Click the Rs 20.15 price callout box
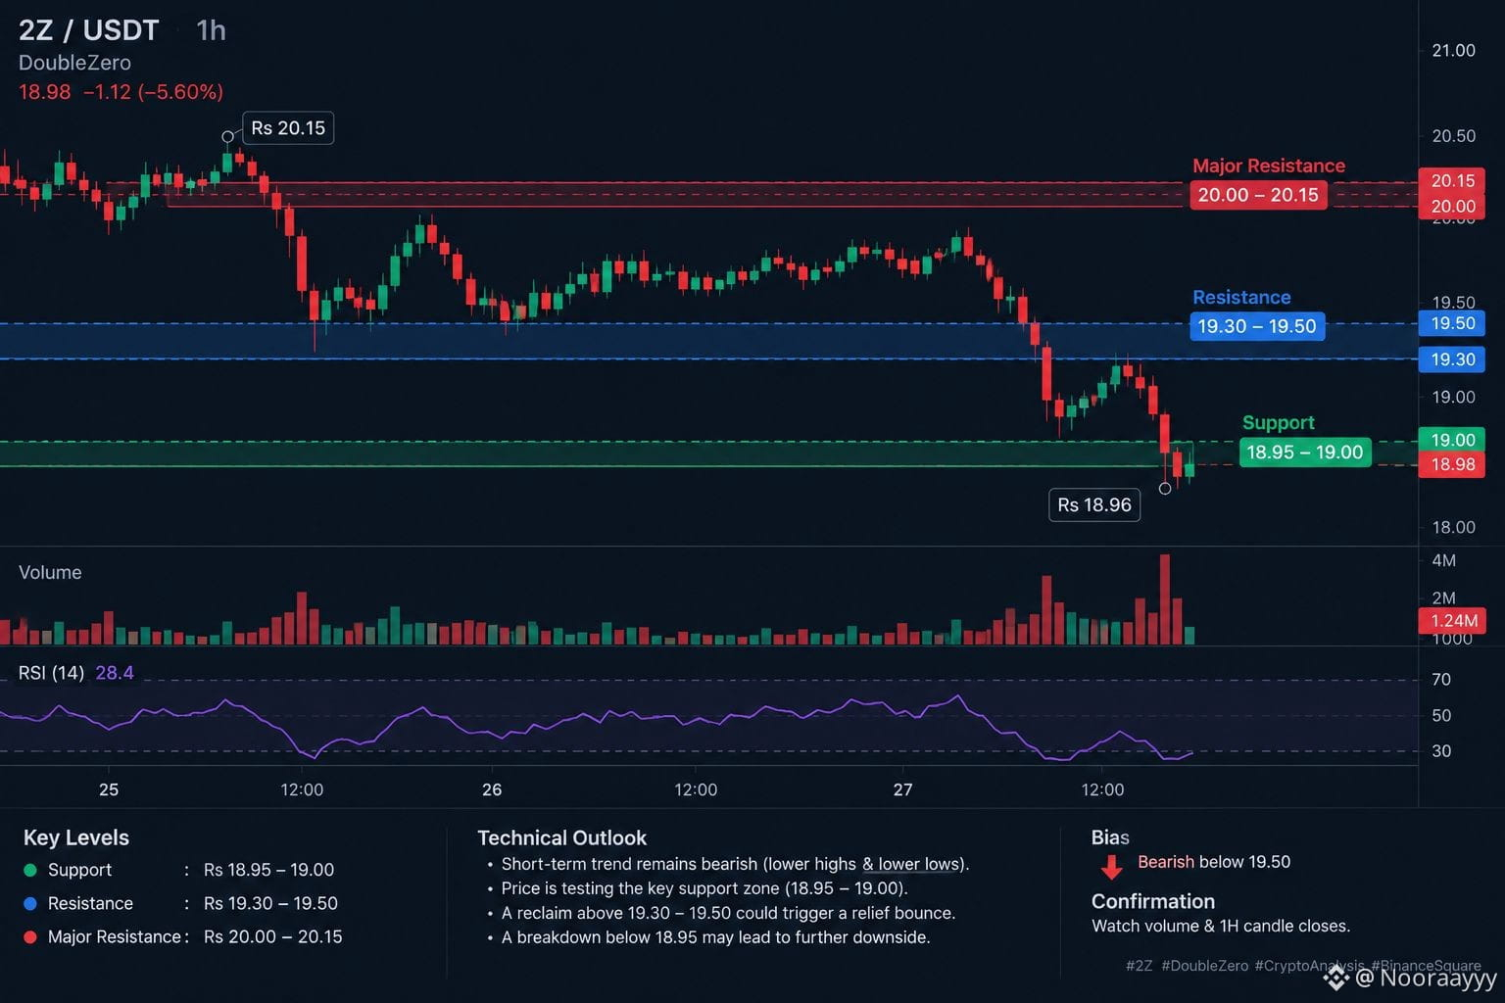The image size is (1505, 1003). (x=287, y=127)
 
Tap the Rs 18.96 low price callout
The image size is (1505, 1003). (x=1094, y=504)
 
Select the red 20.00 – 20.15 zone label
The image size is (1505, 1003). (x=1258, y=195)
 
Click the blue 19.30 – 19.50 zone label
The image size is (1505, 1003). (x=1257, y=326)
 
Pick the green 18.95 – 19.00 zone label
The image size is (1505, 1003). (x=1305, y=453)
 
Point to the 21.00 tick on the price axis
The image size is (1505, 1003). (x=1453, y=50)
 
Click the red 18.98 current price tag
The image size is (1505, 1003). (x=1452, y=464)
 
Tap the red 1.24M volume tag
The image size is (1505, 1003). (x=1452, y=620)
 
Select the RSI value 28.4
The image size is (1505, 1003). (x=115, y=673)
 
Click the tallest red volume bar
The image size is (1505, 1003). (x=1165, y=599)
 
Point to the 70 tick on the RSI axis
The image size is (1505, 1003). (x=1441, y=680)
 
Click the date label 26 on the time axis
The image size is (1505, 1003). (x=492, y=789)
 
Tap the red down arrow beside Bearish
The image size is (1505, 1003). (x=1112, y=867)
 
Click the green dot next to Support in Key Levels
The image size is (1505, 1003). (x=30, y=870)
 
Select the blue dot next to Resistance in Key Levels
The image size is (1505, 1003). (x=30, y=903)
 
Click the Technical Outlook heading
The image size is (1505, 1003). (x=561, y=837)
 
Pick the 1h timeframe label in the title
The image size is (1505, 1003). (x=211, y=31)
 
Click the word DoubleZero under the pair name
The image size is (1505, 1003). (x=74, y=63)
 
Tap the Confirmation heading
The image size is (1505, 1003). (x=1153, y=901)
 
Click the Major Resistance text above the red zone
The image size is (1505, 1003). (x=1269, y=166)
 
